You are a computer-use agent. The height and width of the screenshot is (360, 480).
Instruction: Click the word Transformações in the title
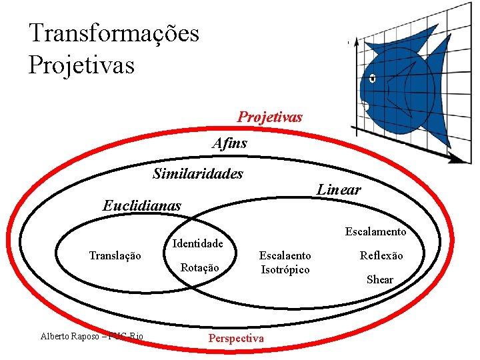point(114,33)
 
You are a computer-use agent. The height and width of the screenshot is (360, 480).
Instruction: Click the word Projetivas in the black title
point(81,65)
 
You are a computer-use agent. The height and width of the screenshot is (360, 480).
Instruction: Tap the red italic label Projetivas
point(270,117)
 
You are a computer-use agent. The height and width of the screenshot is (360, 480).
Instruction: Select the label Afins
point(230,143)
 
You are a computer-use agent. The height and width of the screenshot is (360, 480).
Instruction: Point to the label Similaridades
point(198,174)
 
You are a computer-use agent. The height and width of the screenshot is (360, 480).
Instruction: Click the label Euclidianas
point(141,205)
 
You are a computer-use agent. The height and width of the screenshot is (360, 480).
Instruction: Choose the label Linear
point(339,189)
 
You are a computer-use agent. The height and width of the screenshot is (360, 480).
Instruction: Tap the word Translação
point(115,255)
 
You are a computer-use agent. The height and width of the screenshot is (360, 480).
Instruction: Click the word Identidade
point(197,243)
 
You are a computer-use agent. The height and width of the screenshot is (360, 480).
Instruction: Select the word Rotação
point(200,267)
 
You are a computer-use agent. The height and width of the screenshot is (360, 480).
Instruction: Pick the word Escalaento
point(285,255)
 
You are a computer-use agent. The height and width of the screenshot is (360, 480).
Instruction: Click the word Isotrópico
point(285,269)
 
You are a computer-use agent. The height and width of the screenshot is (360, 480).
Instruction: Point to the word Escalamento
point(375,231)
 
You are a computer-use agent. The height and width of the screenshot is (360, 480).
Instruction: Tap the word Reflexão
point(381,255)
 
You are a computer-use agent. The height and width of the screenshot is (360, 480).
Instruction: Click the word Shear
point(380,279)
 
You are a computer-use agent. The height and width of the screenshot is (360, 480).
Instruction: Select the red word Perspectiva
point(236,338)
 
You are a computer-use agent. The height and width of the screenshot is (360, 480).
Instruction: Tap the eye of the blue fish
point(372,79)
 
